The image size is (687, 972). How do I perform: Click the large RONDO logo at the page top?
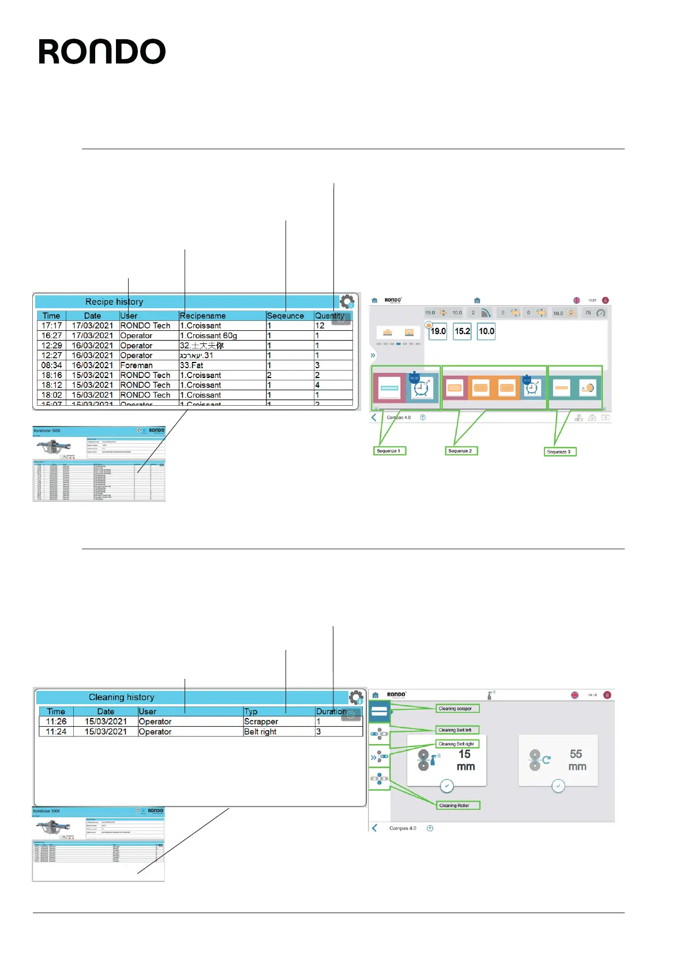coord(102,52)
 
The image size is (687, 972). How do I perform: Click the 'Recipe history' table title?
coord(114,302)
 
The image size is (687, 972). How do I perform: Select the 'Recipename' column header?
coord(202,316)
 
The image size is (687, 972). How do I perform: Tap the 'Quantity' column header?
coord(329,316)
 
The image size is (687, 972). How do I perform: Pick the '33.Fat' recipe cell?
coord(192,365)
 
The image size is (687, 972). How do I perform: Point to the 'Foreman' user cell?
coord(136,365)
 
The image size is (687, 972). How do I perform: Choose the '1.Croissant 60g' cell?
coord(208,335)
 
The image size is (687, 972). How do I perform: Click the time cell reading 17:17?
coord(51,326)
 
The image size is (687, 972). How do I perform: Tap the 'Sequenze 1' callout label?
coord(388,451)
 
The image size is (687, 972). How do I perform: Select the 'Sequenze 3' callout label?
coord(559,452)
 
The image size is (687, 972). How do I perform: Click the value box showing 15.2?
coord(462,331)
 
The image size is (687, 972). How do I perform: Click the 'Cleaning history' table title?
coord(121,697)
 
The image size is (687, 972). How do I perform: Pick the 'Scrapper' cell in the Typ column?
coord(261,721)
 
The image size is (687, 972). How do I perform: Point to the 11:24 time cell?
coord(56,731)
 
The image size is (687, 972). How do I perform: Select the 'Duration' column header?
coord(331,712)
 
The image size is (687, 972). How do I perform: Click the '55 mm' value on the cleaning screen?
coord(576,760)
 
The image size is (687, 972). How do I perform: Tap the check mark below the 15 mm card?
coord(446,786)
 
